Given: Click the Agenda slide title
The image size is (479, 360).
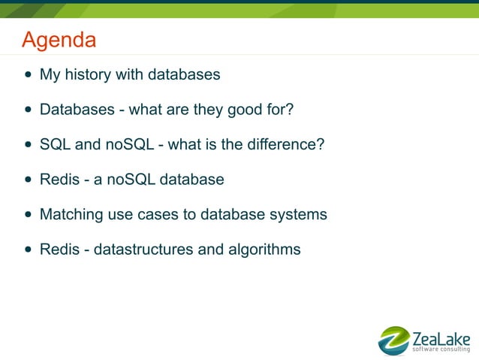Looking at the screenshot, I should [59, 40].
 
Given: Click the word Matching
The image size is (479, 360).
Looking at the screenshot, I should [71, 214].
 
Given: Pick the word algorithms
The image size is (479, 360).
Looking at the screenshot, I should [264, 249].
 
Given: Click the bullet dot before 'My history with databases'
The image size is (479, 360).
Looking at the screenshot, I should [29, 76].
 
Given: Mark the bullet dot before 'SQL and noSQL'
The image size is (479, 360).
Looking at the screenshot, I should [29, 145].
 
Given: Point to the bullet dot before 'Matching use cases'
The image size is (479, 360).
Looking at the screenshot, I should [29, 215].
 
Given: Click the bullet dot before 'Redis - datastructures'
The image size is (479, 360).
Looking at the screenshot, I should [29, 250].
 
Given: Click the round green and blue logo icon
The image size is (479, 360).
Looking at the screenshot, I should [393, 340].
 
